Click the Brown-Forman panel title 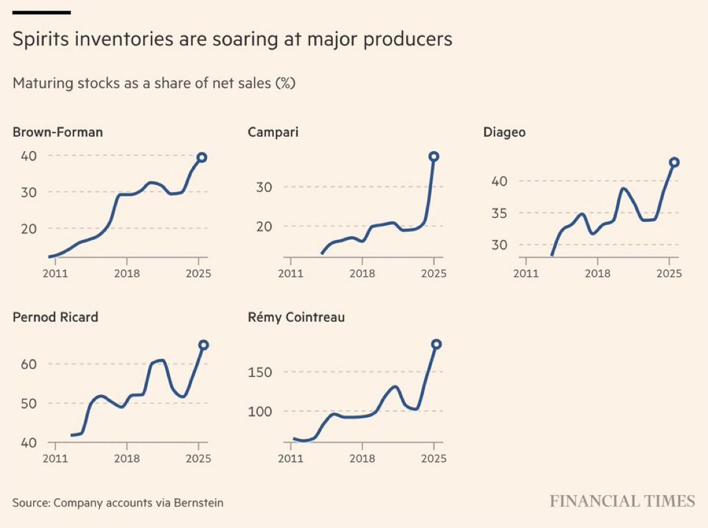tap(58, 132)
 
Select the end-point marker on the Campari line tap(433, 156)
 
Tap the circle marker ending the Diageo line tap(674, 162)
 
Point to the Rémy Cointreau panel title tap(296, 317)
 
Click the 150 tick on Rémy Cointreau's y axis tap(261, 372)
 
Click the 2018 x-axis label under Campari tap(362, 273)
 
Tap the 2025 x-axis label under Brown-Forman tap(199, 273)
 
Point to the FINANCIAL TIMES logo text tap(622, 501)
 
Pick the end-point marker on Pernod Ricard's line tap(203, 345)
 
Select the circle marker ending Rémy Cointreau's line tap(436, 344)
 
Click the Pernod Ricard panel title tap(55, 317)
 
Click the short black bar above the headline tap(42, 12)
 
